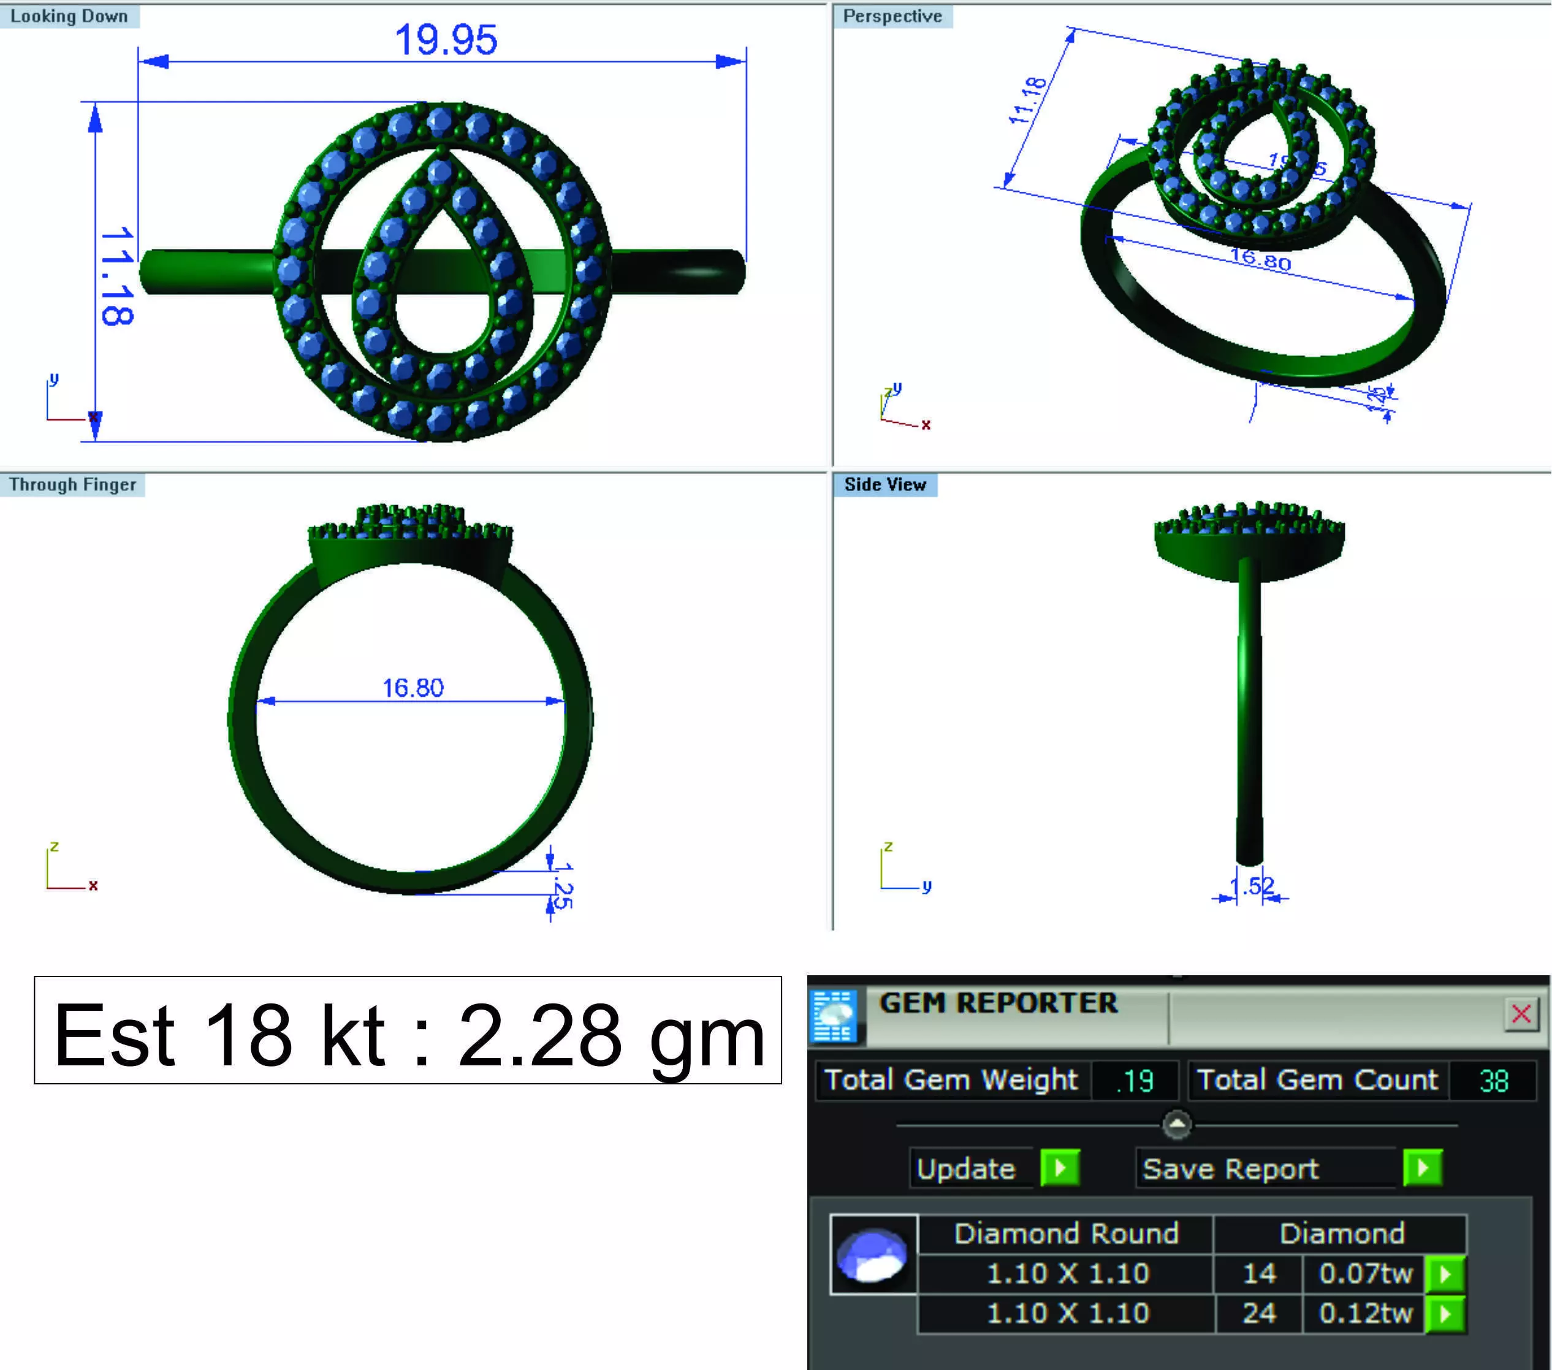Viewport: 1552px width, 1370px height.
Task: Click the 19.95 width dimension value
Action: (x=446, y=40)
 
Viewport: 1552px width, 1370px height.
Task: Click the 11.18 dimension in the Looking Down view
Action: (x=117, y=276)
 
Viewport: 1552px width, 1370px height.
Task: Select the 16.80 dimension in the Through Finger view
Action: (x=413, y=687)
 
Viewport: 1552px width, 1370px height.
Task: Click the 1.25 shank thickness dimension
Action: (x=563, y=886)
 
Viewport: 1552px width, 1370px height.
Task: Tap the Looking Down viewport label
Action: (x=69, y=16)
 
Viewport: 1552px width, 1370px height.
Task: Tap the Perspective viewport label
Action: (x=892, y=16)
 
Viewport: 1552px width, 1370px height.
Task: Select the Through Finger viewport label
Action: (x=73, y=484)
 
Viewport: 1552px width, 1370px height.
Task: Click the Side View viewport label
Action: (x=884, y=484)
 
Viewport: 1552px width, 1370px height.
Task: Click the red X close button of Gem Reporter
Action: (x=1521, y=1014)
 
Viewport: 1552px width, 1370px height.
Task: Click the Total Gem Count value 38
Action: (x=1494, y=1081)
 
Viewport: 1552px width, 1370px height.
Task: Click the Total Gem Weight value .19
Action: (x=1135, y=1081)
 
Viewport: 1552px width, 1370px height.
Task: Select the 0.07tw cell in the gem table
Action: (x=1365, y=1274)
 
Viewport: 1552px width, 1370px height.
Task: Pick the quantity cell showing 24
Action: (x=1259, y=1313)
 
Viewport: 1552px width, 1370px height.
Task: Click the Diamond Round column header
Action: (x=1066, y=1234)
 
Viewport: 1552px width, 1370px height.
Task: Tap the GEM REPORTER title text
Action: (x=998, y=1003)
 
